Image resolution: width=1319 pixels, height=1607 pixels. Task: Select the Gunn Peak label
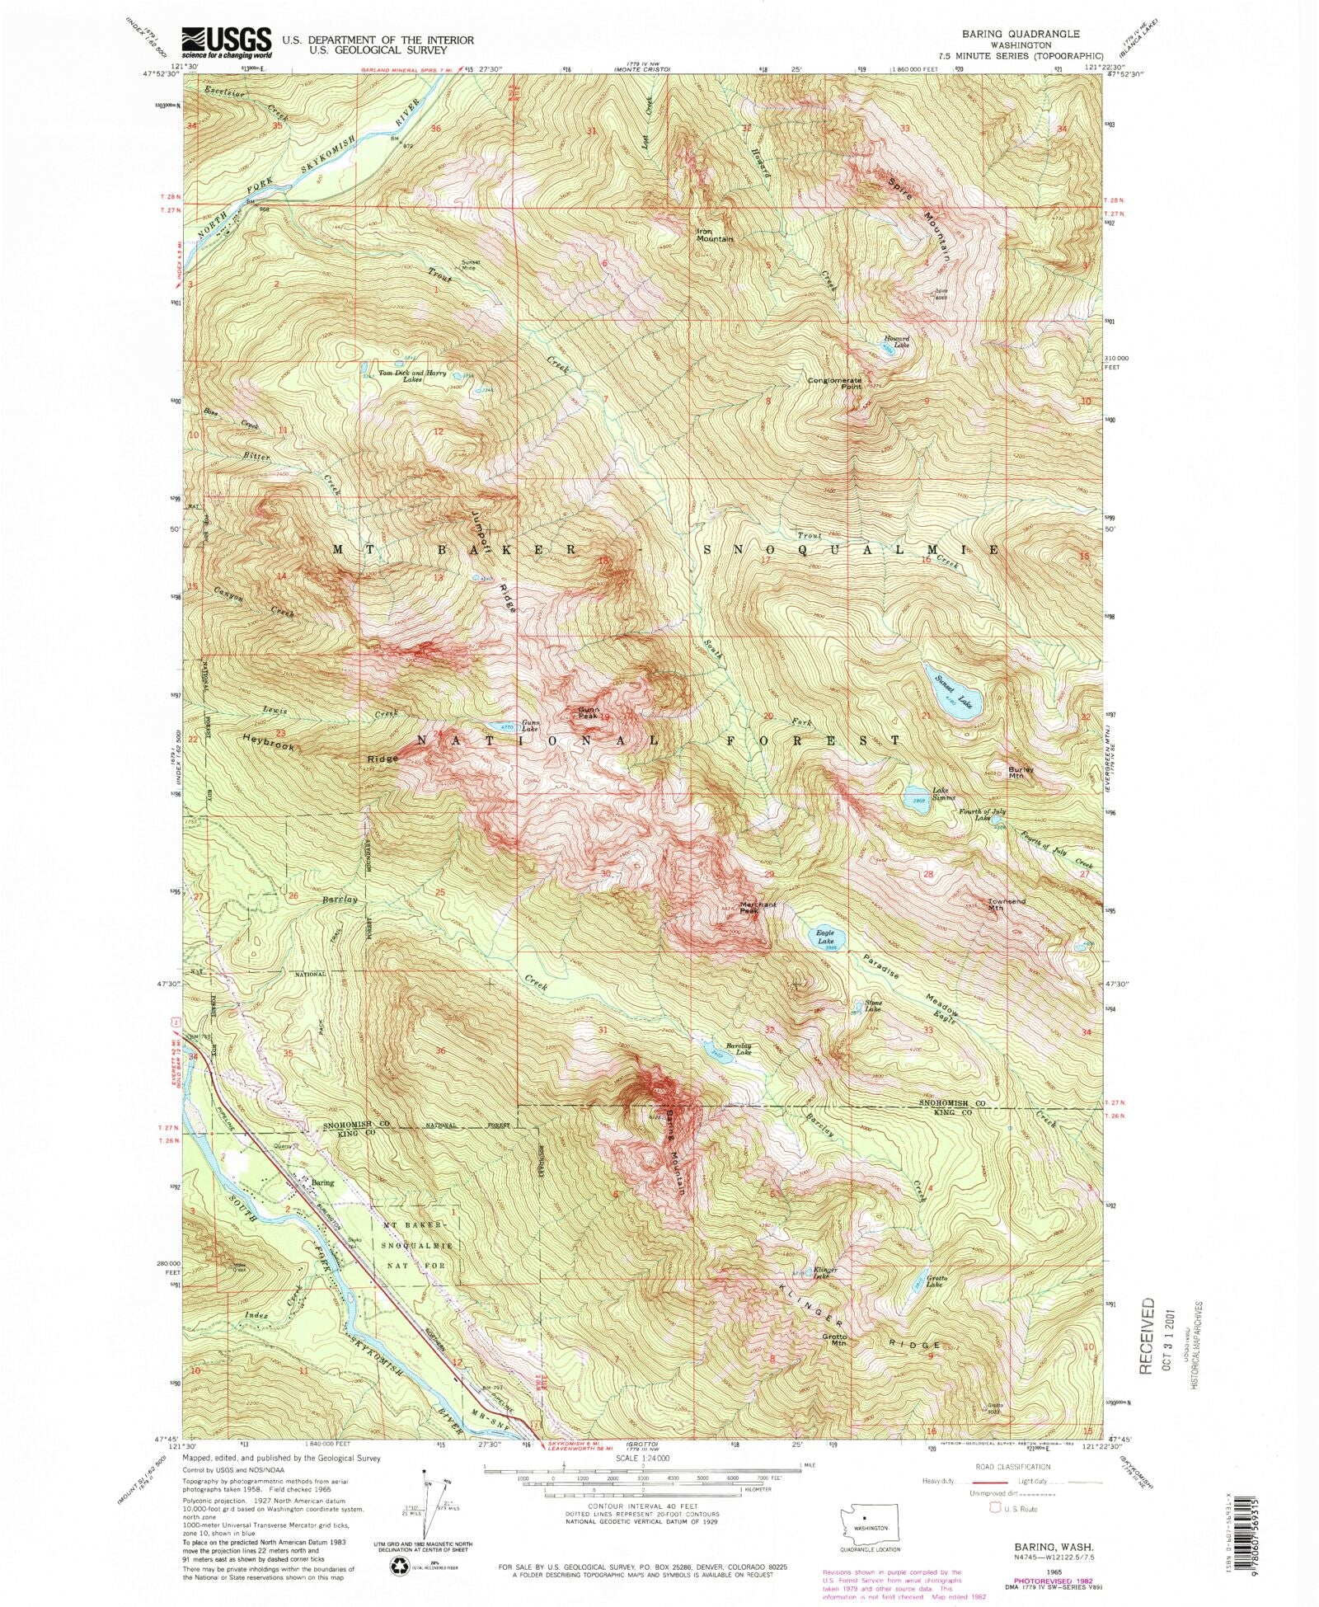[x=588, y=712]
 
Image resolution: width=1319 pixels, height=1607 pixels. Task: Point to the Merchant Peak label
[x=758, y=907]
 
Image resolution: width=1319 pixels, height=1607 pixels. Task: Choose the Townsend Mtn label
[x=1007, y=905]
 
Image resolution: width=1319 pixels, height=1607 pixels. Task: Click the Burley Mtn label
[x=1021, y=773]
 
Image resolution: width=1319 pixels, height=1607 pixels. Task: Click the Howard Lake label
[x=897, y=341]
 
